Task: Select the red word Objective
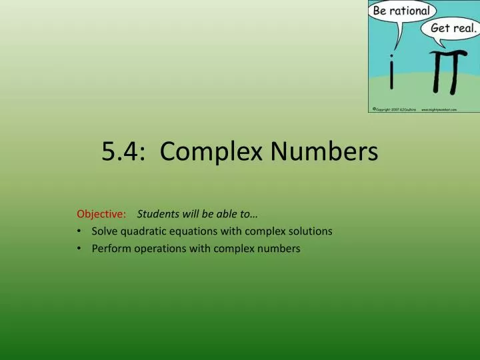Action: [x=101, y=214]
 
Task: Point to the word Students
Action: [x=157, y=214]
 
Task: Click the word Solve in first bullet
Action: [x=103, y=231]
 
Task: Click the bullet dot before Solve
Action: [x=80, y=231]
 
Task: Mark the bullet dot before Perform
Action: [x=80, y=249]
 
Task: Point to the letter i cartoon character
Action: [x=393, y=77]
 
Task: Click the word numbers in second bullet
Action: [x=281, y=249]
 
